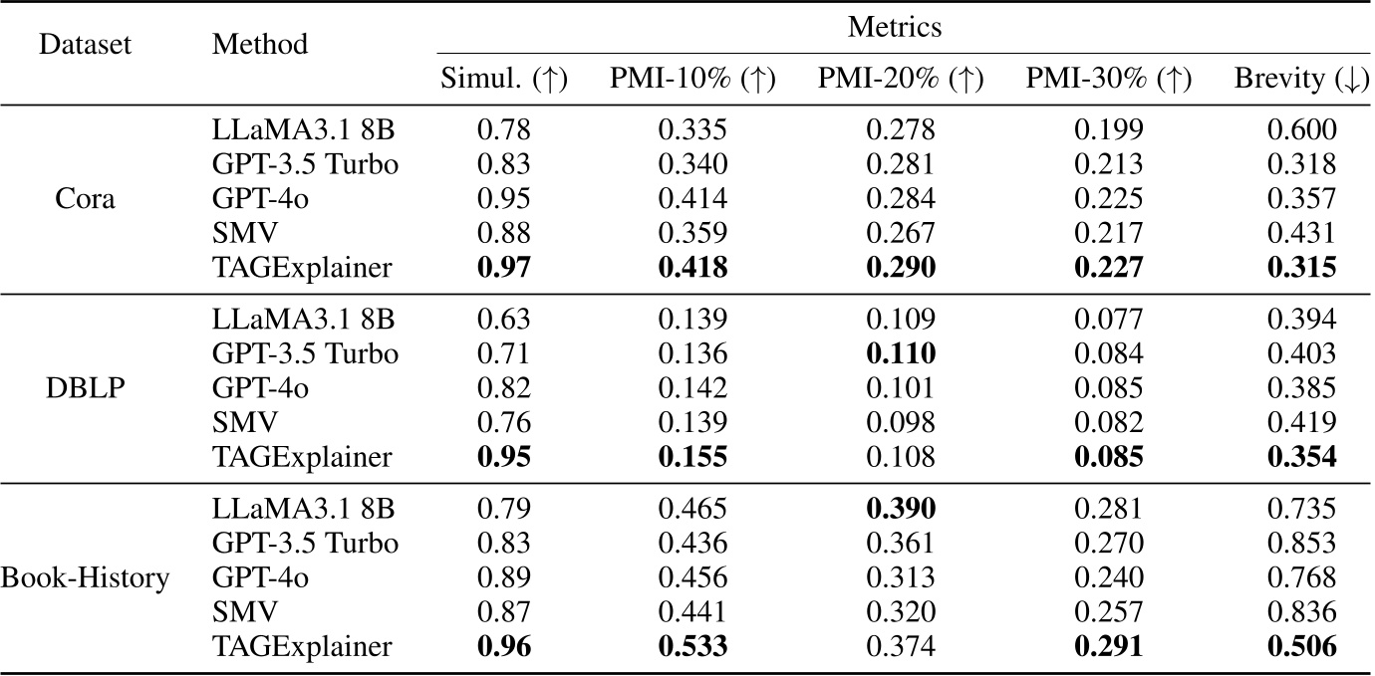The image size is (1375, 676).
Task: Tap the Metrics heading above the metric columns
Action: (894, 28)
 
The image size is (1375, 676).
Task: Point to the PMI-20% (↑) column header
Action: (901, 81)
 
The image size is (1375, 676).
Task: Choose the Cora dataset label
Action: (87, 199)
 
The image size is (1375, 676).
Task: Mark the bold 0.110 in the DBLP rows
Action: (901, 353)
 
